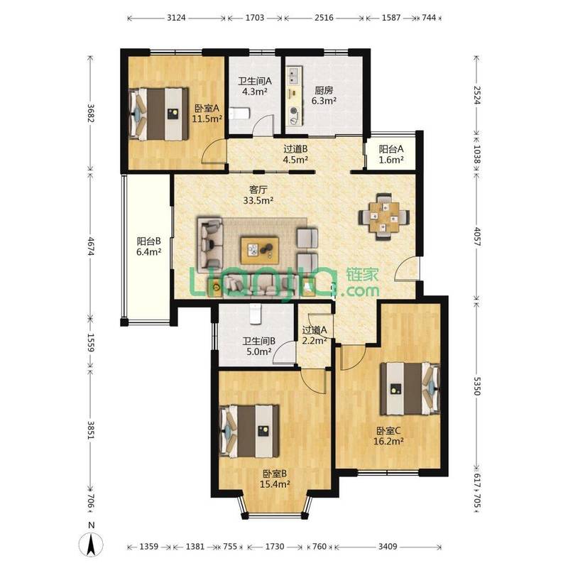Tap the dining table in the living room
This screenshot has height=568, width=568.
pyautogui.click(x=384, y=217)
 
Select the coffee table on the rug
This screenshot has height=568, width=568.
pyautogui.click(x=260, y=251)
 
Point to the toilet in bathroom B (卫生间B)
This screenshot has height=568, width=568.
pyautogui.click(x=256, y=314)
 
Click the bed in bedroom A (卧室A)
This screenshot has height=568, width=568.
pyautogui.click(x=159, y=114)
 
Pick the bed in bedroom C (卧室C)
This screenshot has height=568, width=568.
pyautogui.click(x=410, y=388)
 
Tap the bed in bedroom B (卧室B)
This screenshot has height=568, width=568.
pyautogui.click(x=250, y=431)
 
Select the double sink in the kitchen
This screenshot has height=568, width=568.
pyautogui.click(x=293, y=75)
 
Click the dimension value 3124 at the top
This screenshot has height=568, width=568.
pyautogui.click(x=176, y=17)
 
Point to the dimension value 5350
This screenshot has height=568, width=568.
pyautogui.click(x=477, y=386)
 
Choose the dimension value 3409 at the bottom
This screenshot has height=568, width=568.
pyautogui.click(x=388, y=546)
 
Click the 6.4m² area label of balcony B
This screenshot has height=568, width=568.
pyautogui.click(x=148, y=252)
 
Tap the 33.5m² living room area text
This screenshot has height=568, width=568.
pyautogui.click(x=258, y=200)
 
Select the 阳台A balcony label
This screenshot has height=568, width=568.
pyautogui.click(x=391, y=149)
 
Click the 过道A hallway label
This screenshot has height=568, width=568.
pyautogui.click(x=315, y=330)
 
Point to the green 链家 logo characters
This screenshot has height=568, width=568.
pyautogui.click(x=362, y=275)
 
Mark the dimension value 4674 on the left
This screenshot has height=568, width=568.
pyautogui.click(x=91, y=246)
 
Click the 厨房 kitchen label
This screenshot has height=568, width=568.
pyautogui.click(x=324, y=90)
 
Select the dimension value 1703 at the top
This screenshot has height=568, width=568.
pyautogui.click(x=255, y=17)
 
